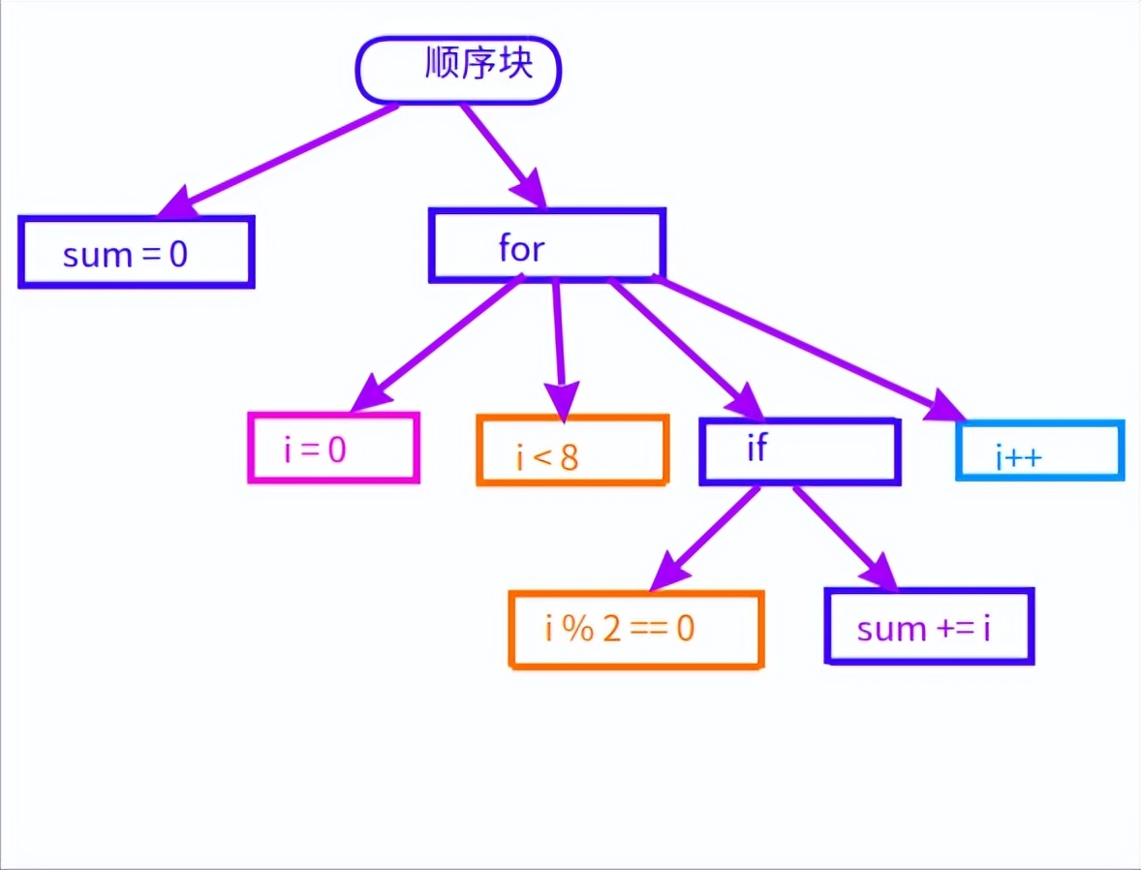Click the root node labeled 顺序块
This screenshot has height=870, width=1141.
pyautogui.click(x=458, y=71)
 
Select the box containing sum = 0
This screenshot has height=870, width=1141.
pyautogui.click(x=136, y=252)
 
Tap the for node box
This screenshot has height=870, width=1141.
pyautogui.click(x=547, y=245)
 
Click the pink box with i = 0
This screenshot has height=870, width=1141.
pyautogui.click(x=334, y=448)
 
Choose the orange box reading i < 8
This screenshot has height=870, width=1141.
pyautogui.click(x=572, y=451)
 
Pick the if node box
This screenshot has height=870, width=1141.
pyautogui.click(x=800, y=451)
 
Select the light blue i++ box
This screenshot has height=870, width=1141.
pyautogui.click(x=1040, y=451)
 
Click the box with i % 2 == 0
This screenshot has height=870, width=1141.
pyautogui.click(x=636, y=630)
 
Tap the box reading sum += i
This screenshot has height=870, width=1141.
pyautogui.click(x=929, y=627)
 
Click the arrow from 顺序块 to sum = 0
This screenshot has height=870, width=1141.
pyautogui.click(x=281, y=160)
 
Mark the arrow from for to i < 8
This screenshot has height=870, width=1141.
pyautogui.click(x=559, y=339)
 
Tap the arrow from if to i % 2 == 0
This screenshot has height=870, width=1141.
pyautogui.click(x=707, y=538)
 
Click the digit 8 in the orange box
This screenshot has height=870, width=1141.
pyautogui.click(x=569, y=457)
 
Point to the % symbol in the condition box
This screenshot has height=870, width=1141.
pyautogui.click(x=578, y=631)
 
